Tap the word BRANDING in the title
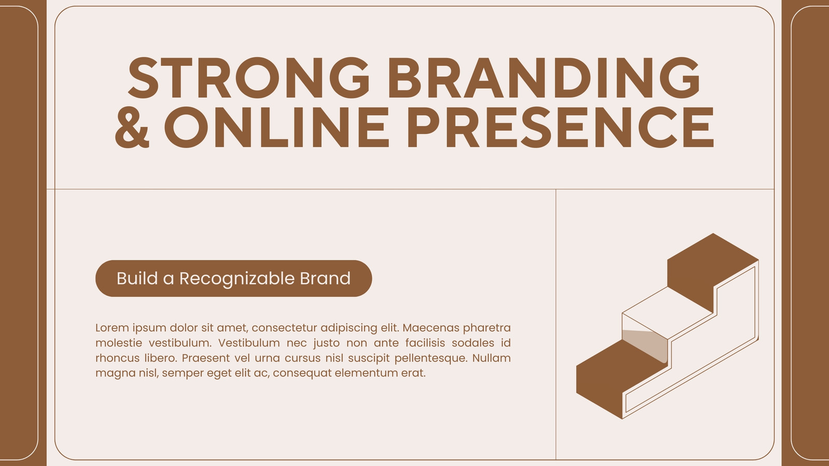(x=544, y=78)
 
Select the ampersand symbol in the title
(x=132, y=127)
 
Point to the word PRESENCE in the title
(x=561, y=127)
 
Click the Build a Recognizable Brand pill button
(x=234, y=279)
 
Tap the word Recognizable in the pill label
(x=236, y=279)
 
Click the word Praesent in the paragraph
(x=204, y=358)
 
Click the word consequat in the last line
(x=301, y=373)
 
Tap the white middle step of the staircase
(x=668, y=313)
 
